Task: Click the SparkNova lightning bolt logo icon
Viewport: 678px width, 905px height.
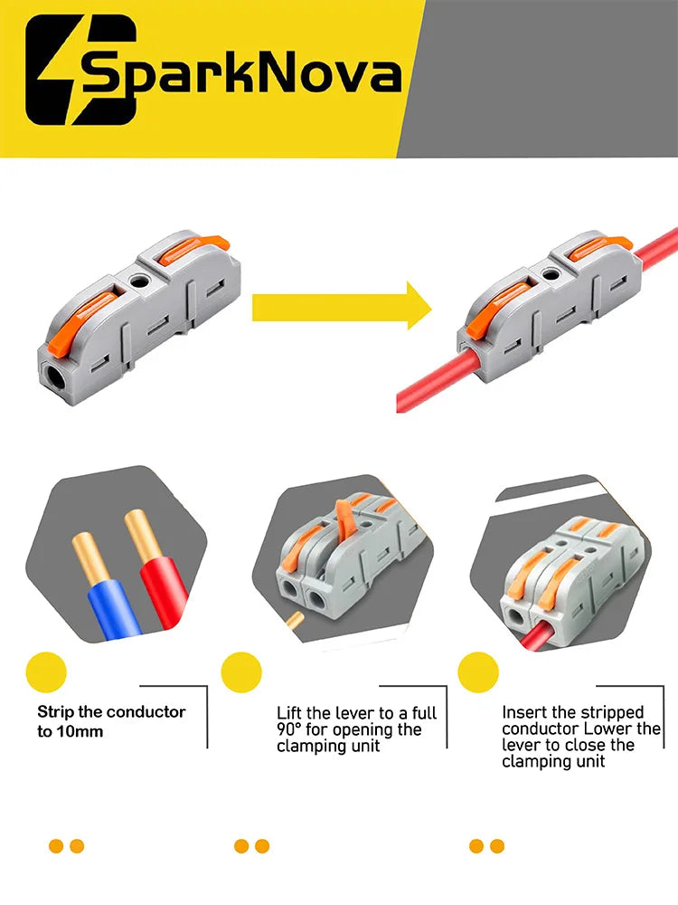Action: (x=80, y=70)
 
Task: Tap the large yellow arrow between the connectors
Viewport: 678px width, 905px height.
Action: (x=342, y=306)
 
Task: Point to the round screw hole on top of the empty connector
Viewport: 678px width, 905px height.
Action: (x=138, y=281)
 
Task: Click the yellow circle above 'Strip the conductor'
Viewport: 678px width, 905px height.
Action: (x=46, y=672)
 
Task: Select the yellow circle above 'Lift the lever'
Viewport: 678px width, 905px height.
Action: (x=241, y=672)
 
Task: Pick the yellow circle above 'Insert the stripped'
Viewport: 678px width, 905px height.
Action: (x=478, y=672)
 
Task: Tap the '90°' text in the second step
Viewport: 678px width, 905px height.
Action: (x=289, y=729)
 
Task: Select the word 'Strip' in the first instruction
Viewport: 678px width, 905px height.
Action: (x=55, y=712)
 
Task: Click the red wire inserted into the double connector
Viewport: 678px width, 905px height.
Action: (x=539, y=636)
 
